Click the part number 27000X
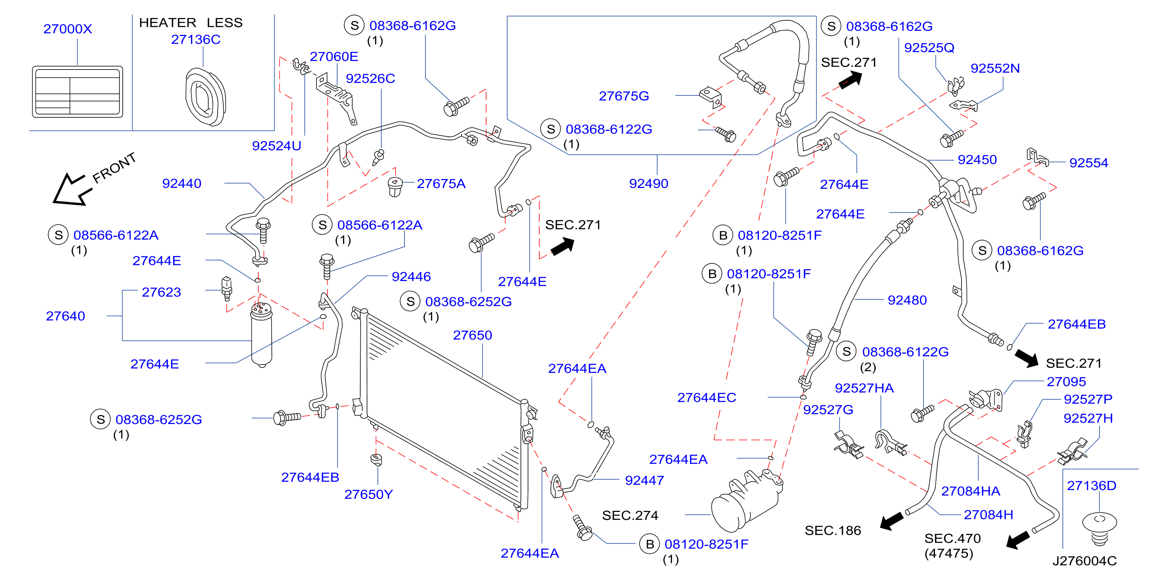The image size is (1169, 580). coord(68,29)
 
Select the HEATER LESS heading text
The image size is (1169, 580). coord(191,23)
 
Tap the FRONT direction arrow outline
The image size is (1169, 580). coord(72,189)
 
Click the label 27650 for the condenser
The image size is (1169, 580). coord(472,335)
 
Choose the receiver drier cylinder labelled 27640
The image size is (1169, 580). coord(261,335)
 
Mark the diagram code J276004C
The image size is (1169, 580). coord(1085,561)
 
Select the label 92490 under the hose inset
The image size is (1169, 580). coord(649,183)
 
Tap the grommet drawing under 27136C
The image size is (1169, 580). coord(205,97)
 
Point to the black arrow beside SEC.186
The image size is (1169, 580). coord(892,521)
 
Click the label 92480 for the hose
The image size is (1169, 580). coord(907,300)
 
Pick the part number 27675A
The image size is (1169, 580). coord(441,183)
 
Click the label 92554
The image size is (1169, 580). coord(1089,163)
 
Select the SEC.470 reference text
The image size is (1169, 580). coord(953,538)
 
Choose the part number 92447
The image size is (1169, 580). coord(644,480)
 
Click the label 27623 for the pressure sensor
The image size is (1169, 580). coord(161,292)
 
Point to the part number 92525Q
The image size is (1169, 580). coord(929,48)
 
